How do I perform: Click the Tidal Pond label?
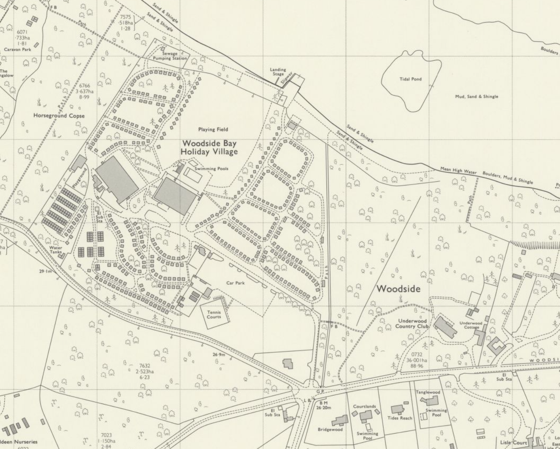click(410, 79)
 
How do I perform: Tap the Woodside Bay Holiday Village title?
click(209, 147)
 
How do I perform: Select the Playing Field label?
click(213, 129)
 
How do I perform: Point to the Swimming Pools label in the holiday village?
click(211, 168)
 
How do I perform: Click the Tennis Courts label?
click(214, 314)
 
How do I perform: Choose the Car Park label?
click(236, 283)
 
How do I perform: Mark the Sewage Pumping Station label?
click(170, 56)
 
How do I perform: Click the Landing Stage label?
click(278, 72)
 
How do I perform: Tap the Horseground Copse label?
click(59, 115)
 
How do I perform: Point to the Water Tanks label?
click(56, 250)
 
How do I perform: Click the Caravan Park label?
click(17, 49)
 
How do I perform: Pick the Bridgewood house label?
click(330, 429)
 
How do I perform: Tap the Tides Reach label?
click(399, 418)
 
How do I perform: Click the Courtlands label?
click(364, 406)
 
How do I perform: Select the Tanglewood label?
click(428, 392)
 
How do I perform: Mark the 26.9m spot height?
click(219, 354)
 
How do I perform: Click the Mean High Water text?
click(458, 170)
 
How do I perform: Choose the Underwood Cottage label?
click(471, 325)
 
